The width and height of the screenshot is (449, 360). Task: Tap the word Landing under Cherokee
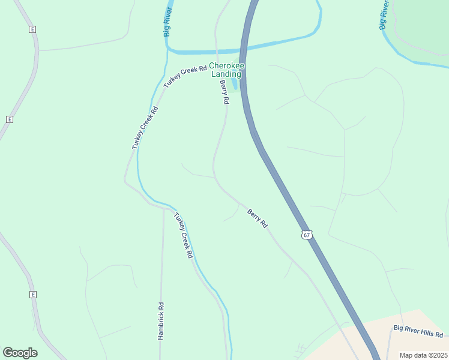pos(226,74)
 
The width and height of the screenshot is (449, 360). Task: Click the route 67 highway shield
pos(307,235)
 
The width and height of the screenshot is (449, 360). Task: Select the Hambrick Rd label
pos(161,321)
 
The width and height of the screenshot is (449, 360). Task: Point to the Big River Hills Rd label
pos(418,331)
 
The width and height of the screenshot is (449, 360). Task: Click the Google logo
pos(20,353)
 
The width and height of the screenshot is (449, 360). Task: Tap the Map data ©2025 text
pos(423,355)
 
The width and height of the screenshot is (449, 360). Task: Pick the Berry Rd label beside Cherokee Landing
pos(224,92)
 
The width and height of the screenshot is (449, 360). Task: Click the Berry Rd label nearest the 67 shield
pos(258,218)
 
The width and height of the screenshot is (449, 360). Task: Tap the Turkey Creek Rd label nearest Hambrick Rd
pos(183,235)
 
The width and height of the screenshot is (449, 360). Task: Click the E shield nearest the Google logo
pos(32,295)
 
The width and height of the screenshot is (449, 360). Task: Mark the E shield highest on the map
pos(32,29)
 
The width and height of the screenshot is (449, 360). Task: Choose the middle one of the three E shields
pos(9,119)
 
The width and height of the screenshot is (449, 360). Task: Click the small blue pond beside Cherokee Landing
pos(234,85)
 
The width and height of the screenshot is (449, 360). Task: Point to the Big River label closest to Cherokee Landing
pos(169,23)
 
